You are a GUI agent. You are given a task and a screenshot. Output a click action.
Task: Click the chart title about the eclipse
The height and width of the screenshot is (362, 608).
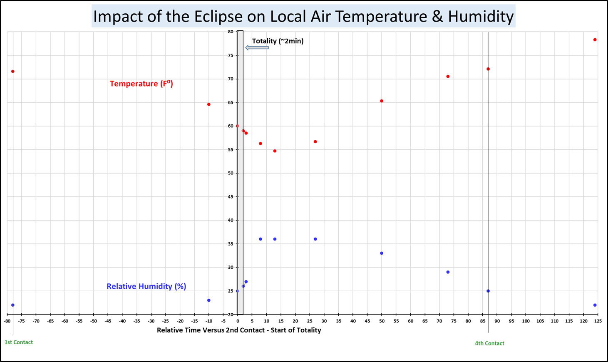[x=303, y=16]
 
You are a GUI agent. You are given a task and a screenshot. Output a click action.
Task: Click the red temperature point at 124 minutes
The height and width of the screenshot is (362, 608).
[x=595, y=40]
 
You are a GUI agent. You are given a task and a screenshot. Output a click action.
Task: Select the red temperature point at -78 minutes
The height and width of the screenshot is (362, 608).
[x=13, y=72]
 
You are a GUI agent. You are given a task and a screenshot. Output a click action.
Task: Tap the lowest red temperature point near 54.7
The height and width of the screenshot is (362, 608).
[x=275, y=151]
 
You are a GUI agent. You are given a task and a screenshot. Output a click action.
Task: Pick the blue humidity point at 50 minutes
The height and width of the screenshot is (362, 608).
[x=382, y=253]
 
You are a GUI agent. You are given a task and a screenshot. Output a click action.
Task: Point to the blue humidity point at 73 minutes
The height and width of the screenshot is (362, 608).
[x=448, y=272]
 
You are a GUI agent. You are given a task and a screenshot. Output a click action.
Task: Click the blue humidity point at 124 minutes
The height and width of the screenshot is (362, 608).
[x=595, y=305]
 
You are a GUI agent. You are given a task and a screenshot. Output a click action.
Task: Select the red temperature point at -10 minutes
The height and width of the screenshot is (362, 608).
[x=209, y=104]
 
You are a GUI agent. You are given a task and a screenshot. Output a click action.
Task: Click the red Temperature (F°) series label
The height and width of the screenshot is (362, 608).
[x=141, y=84]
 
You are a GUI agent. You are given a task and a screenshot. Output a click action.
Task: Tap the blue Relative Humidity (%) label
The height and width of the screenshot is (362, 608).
[x=146, y=286]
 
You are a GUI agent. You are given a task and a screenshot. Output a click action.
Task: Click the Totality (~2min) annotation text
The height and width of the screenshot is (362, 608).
[x=278, y=41]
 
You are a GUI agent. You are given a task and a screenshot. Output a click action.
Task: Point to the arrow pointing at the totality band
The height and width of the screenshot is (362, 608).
[x=257, y=48]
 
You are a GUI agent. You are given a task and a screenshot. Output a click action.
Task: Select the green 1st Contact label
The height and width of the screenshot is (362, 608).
[x=19, y=342]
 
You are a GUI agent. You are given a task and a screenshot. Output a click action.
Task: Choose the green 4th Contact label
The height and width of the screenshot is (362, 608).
[x=489, y=343]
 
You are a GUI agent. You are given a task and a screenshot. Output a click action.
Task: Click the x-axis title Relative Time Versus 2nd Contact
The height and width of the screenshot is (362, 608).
[x=239, y=330]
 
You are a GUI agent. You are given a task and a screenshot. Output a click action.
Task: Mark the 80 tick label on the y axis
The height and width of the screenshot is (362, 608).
[x=231, y=32]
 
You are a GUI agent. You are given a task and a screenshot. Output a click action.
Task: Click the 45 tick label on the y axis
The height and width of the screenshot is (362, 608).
[x=231, y=197]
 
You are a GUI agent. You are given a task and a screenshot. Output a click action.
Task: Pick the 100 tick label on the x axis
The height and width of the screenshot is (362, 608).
[x=526, y=321]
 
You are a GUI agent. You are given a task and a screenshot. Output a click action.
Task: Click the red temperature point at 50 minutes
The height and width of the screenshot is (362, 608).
[x=382, y=101]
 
